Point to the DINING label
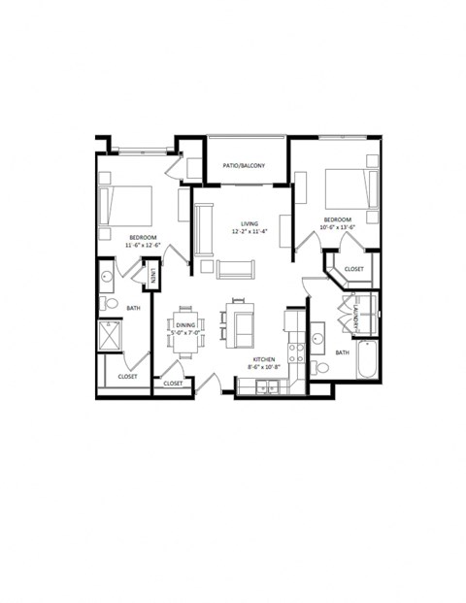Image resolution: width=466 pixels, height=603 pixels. [187, 324]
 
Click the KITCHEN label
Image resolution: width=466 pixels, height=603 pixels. [262, 360]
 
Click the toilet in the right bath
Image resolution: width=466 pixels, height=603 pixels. [321, 368]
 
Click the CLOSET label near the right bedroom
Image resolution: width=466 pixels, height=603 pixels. [353, 269]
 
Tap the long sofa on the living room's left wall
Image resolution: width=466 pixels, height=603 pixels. [203, 229]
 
